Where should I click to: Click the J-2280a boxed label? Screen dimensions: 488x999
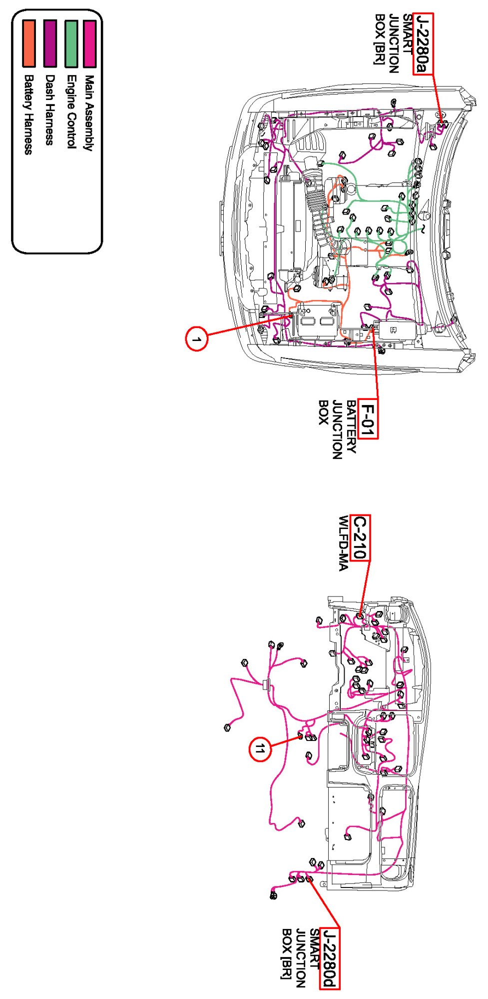click(423, 44)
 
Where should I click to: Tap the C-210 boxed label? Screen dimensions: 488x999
click(360, 537)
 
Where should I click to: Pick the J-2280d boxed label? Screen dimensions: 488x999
click(330, 958)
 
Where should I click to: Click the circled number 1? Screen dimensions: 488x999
click(196, 339)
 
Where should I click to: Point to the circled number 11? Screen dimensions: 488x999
click(260, 749)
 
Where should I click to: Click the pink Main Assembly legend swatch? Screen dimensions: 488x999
click(89, 43)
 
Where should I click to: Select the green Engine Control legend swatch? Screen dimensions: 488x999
click(71, 43)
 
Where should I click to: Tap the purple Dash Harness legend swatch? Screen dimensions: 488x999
click(50, 43)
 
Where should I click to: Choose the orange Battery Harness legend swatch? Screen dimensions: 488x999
click(29, 43)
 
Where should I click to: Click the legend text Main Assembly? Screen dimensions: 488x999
click(89, 113)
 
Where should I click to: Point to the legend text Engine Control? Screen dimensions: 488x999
click(71, 112)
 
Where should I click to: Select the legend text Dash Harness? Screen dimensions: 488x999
click(50, 110)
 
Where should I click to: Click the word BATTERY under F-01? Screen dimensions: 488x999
click(351, 426)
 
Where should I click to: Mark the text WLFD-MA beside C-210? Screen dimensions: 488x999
click(343, 543)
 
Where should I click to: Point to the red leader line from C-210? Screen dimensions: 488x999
click(365, 587)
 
